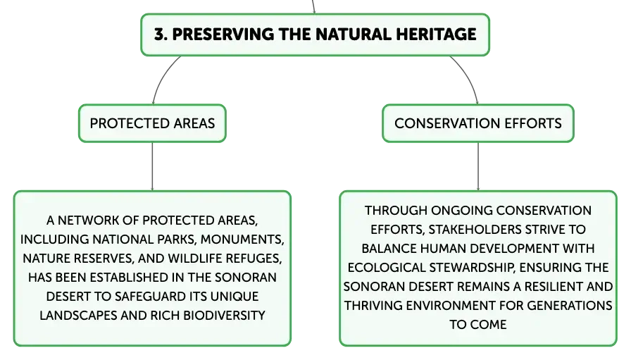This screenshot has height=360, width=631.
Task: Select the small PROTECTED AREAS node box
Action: point(152,123)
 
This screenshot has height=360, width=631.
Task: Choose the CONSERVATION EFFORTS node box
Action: point(478,123)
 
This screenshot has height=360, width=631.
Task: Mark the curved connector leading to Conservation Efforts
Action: point(469,77)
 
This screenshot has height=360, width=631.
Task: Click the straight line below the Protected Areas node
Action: point(152,166)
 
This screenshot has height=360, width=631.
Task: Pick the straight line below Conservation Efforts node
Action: point(478,166)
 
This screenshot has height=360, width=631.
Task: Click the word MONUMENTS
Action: point(242,240)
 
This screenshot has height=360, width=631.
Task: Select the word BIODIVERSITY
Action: point(224,316)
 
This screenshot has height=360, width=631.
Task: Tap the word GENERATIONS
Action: point(570,306)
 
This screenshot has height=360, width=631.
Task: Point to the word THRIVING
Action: point(373,306)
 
